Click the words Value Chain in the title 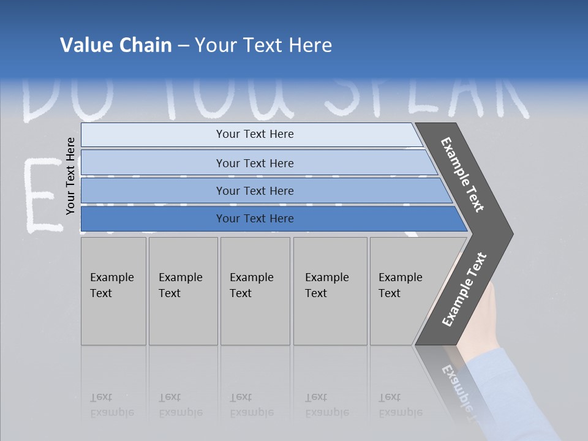116,45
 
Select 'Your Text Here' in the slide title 263,45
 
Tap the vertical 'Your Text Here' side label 70,176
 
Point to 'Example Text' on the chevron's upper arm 462,175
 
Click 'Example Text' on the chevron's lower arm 464,290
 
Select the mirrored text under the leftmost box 111,405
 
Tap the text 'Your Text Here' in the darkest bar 255,219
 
